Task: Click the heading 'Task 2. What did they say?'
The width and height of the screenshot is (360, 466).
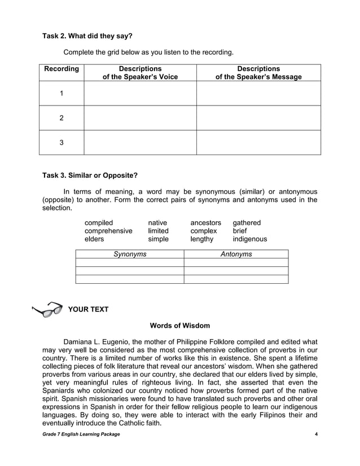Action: coord(87,36)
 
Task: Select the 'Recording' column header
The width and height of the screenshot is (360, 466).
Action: coord(61,69)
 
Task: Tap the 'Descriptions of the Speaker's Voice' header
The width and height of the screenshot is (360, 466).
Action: coord(140,73)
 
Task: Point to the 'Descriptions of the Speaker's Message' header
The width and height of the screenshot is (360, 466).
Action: coord(258,73)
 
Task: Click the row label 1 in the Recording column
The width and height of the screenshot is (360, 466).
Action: coord(62,93)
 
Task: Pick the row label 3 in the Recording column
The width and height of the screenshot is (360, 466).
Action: coord(62,143)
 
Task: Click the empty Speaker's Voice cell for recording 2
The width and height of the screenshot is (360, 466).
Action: coord(140,118)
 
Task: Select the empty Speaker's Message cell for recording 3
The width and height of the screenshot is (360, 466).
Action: coord(258,143)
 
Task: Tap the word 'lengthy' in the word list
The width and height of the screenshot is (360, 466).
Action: coord(202,239)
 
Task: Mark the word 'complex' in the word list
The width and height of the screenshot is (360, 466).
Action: coord(204,231)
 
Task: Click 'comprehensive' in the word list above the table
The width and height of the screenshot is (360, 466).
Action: coord(108,231)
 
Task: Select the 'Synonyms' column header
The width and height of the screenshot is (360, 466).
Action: coord(130,254)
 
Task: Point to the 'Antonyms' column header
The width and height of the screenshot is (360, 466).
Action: coord(236,254)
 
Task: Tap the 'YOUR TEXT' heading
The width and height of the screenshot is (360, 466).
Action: coord(88,309)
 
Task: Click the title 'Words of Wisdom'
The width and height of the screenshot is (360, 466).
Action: coord(180,326)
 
